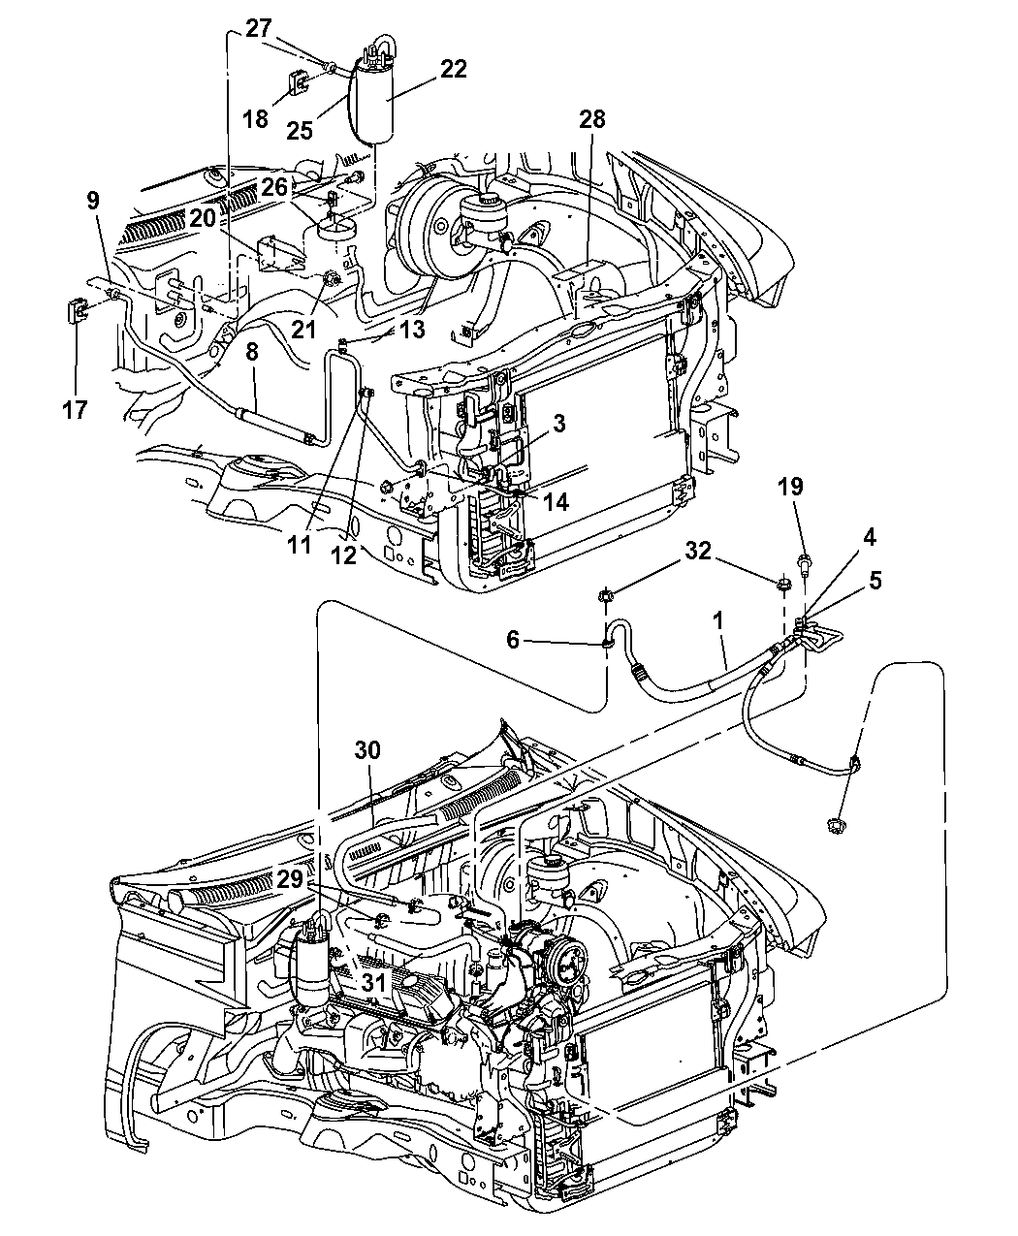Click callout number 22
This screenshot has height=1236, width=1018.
453,69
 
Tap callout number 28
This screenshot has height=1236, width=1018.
591,119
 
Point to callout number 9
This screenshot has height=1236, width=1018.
93,202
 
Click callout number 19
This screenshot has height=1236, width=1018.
791,487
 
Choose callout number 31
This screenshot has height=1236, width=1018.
346,982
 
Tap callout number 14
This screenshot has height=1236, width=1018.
556,502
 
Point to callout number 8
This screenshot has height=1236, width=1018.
251,353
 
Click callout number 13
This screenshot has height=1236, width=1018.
412,330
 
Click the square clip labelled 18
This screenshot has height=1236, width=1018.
297,85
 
